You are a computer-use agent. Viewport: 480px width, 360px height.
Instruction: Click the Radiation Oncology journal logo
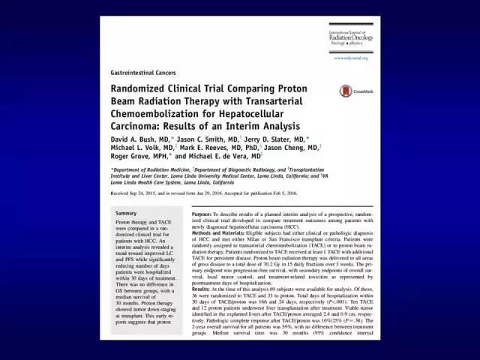click(x=349, y=37)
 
